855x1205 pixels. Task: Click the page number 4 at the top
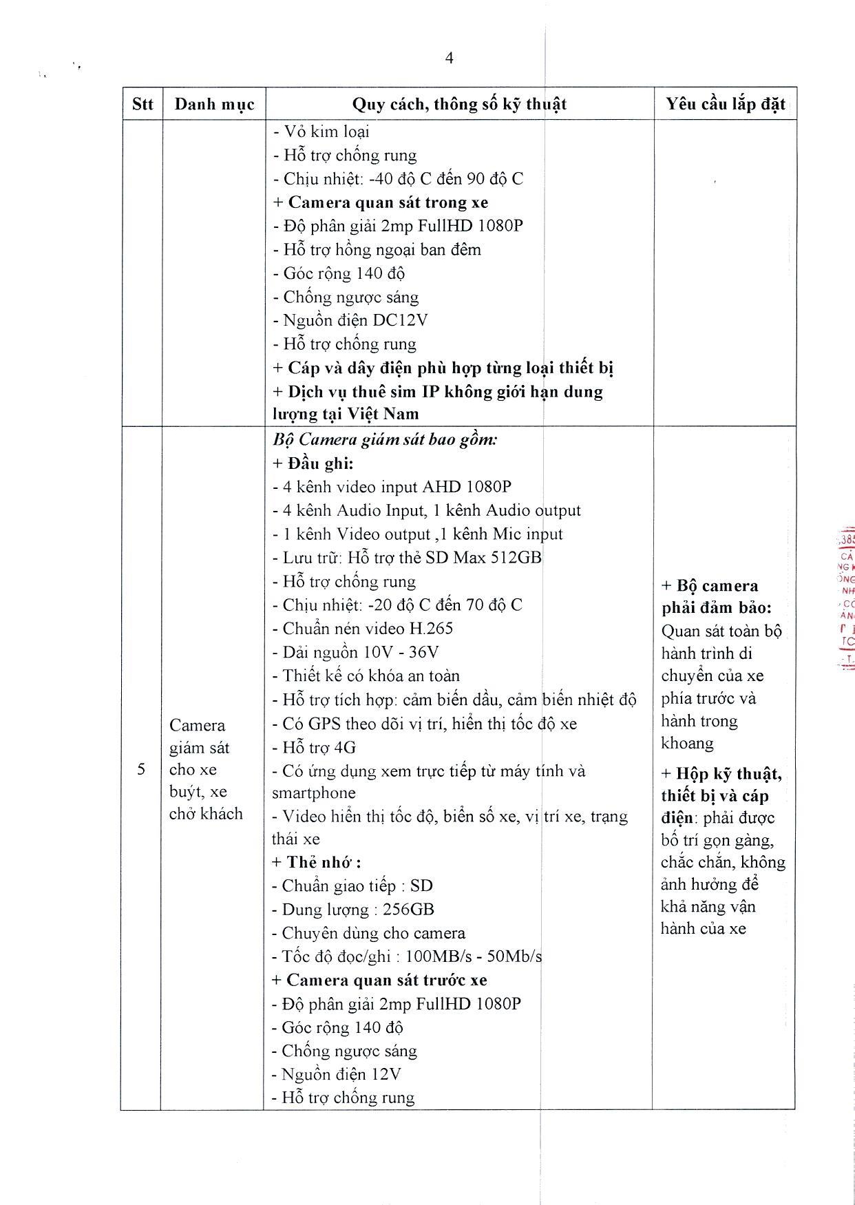[449, 58]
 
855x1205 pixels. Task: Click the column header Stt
[142, 104]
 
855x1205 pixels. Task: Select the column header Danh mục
[214, 104]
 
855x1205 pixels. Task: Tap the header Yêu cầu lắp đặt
[725, 104]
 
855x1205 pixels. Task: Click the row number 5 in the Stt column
[141, 769]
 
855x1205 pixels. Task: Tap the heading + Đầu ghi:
[313, 463]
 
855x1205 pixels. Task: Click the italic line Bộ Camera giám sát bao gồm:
[385, 439]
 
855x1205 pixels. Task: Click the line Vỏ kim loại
[321, 132]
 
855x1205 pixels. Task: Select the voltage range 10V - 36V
[399, 652]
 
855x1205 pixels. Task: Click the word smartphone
[314, 793]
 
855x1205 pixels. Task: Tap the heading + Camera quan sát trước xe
[379, 980]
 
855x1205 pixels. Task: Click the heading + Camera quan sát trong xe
[381, 202]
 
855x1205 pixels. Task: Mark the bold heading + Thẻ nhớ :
[316, 862]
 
